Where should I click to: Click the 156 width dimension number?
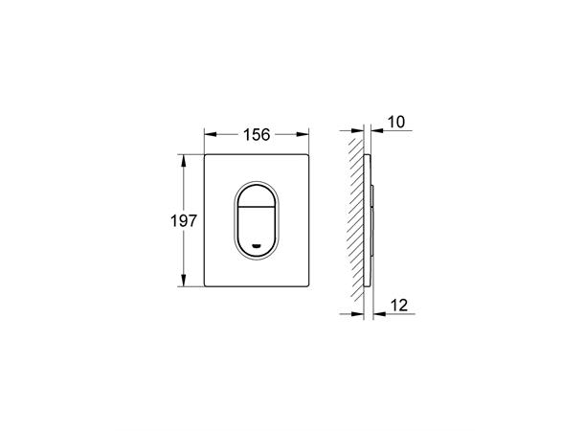(257, 134)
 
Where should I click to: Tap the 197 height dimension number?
(183, 221)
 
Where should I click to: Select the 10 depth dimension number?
(396, 122)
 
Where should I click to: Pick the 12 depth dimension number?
(399, 306)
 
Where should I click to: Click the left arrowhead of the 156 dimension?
(211, 134)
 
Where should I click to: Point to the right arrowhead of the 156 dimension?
(303, 134)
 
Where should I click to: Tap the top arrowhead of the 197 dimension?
(183, 161)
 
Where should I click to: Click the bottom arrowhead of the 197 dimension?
(183, 280)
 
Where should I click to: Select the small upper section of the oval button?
(256, 196)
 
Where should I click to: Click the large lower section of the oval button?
(256, 230)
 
